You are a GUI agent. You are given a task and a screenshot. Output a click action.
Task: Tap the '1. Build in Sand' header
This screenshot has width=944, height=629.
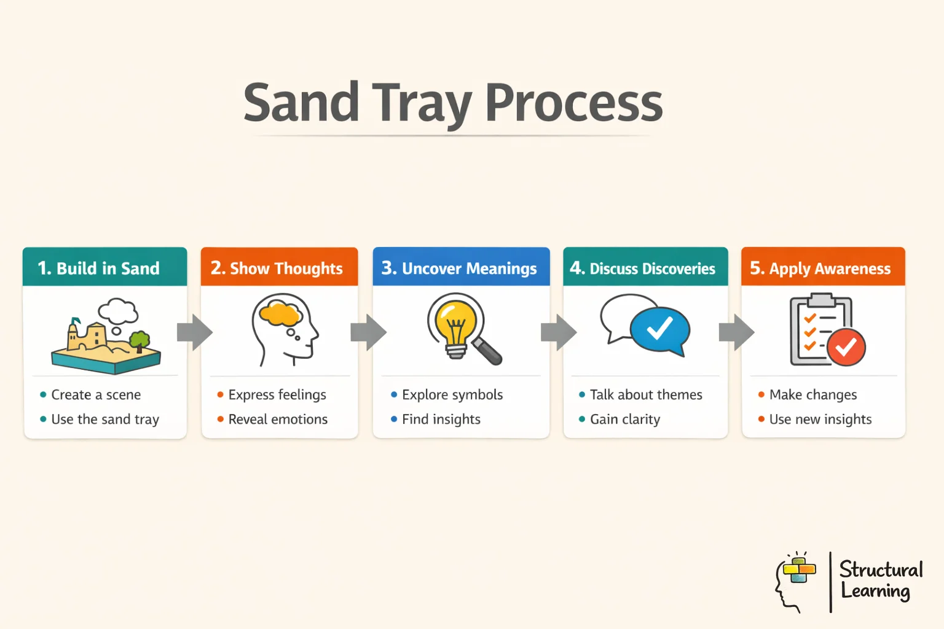pos(104,268)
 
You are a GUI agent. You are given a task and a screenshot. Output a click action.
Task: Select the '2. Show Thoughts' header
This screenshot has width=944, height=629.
pos(279,268)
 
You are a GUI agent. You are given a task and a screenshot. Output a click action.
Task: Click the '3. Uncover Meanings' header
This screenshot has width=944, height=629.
pos(461,268)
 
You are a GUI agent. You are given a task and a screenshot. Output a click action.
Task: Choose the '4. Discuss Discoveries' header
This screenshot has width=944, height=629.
pos(645,268)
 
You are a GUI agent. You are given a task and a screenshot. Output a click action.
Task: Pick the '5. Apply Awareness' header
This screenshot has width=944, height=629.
pos(822,268)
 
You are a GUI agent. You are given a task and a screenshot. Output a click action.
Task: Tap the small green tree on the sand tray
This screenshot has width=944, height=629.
pos(140,340)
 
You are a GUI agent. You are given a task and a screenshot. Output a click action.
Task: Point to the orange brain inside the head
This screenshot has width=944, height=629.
pos(280,314)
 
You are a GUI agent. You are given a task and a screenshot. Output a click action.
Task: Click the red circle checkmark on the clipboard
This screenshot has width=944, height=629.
pos(846,347)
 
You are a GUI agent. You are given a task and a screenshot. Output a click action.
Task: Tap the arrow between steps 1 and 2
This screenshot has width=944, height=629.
pos(194,332)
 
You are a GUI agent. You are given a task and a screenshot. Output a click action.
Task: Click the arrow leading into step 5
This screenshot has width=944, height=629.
pos(736,332)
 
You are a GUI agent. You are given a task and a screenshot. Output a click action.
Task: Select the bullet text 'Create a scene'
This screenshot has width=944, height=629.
pos(96,395)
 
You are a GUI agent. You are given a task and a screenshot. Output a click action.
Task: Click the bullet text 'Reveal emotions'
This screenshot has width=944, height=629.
pos(278,420)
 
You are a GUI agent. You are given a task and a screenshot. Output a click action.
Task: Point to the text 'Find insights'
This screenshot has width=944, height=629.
pos(441,420)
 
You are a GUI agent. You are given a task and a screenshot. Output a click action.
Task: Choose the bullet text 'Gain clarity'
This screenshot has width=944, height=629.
pos(625,420)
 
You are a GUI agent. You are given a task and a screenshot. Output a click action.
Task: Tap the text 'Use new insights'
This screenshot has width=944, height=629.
pos(820,420)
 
